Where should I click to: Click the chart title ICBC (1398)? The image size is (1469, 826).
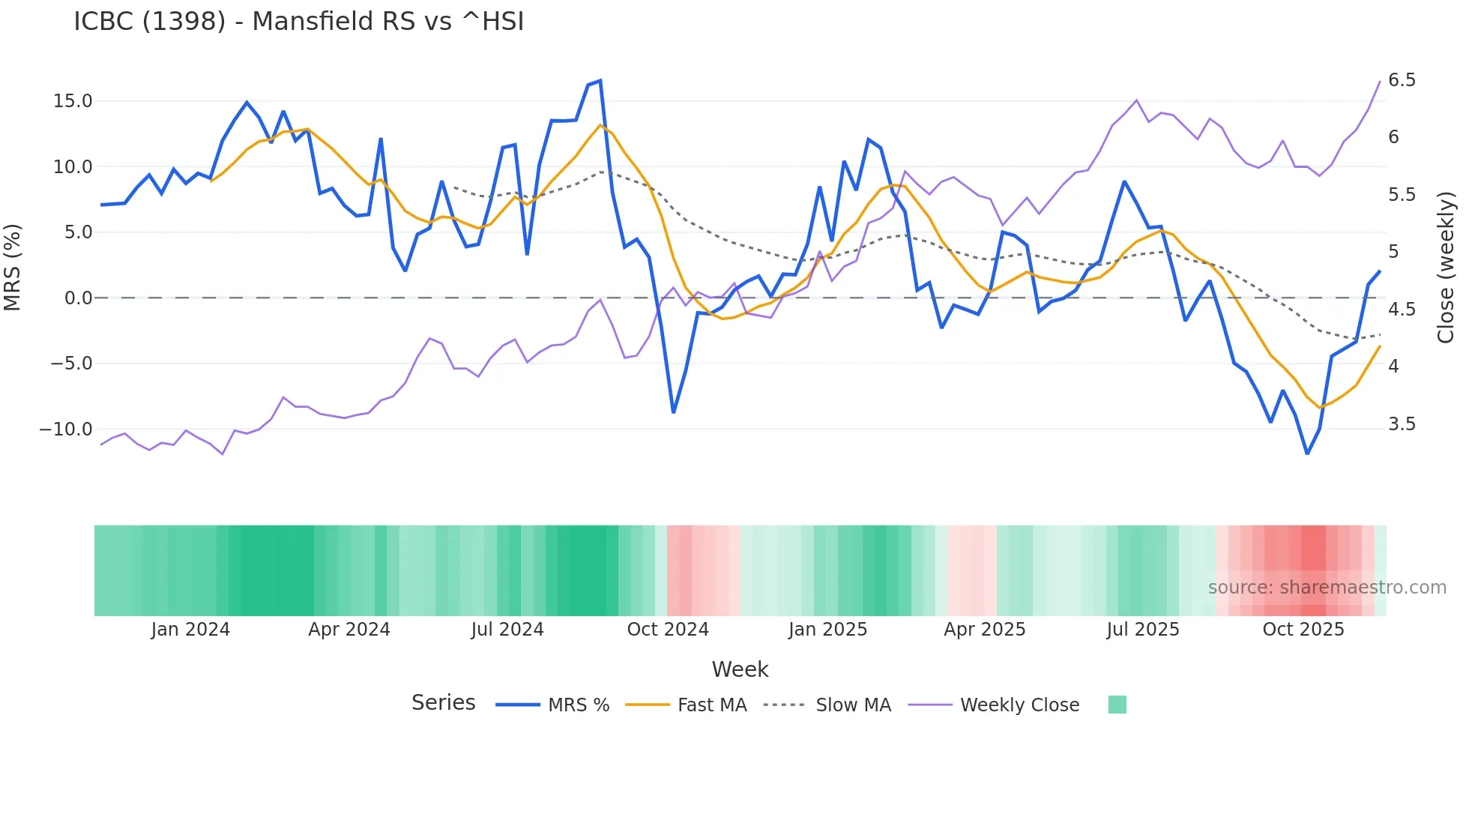click(x=298, y=22)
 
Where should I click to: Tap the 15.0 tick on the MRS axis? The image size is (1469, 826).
click(x=72, y=101)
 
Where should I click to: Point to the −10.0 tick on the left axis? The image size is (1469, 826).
click(x=66, y=429)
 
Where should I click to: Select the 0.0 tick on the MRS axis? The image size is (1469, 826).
click(x=78, y=298)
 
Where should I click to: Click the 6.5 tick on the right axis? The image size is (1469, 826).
click(x=1402, y=80)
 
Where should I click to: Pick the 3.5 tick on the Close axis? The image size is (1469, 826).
click(x=1402, y=424)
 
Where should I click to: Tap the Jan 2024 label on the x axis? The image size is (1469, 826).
click(x=190, y=630)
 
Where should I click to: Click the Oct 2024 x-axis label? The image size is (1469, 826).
click(x=668, y=630)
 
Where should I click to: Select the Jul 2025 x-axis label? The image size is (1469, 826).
click(x=1143, y=630)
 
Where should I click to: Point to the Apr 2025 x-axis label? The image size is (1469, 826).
click(x=984, y=630)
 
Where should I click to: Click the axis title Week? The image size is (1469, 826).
click(x=740, y=669)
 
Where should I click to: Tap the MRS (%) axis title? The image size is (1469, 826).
click(x=12, y=268)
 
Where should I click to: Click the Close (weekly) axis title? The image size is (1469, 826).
click(x=1446, y=268)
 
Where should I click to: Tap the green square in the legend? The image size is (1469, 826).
click(x=1117, y=705)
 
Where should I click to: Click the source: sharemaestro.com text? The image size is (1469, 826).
click(x=1327, y=588)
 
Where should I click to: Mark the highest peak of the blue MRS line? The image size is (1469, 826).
click(x=600, y=81)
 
